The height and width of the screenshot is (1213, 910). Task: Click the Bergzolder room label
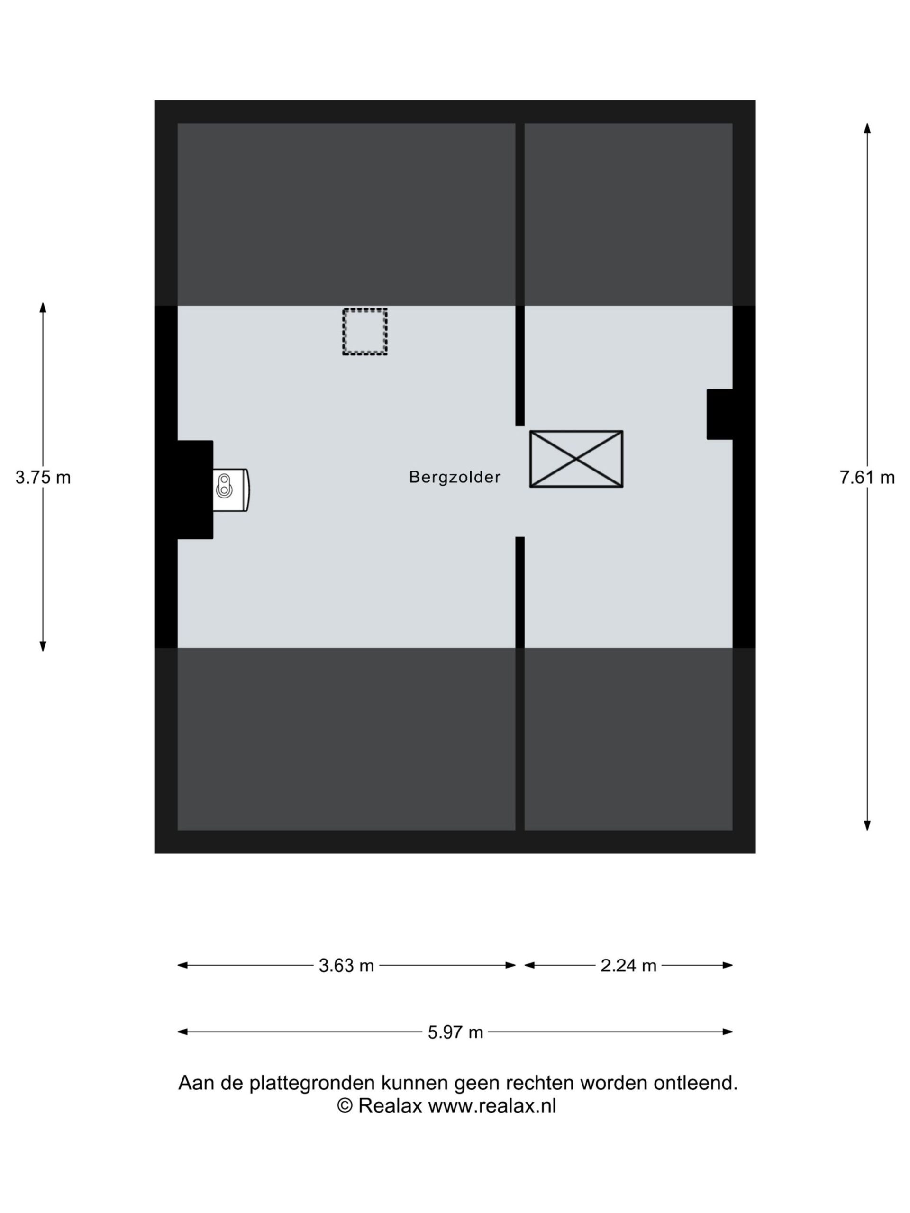point(455,477)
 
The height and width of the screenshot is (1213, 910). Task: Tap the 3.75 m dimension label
point(43,478)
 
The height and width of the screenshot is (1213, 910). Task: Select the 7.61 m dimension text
point(867,478)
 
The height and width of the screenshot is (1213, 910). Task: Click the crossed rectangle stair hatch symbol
point(576,459)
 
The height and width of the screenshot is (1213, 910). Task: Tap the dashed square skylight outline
point(365,332)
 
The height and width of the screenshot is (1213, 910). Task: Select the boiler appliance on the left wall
point(231,489)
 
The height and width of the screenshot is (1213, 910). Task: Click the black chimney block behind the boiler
point(195,489)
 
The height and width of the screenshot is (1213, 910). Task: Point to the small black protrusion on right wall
point(719,414)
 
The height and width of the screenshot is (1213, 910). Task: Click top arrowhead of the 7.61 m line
point(867,128)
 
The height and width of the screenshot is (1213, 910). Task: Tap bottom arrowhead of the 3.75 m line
point(43,646)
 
